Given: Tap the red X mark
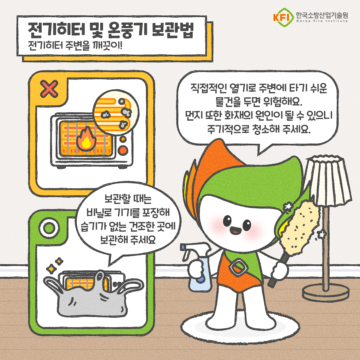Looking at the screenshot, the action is tap(49, 89).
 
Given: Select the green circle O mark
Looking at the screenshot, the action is tap(49, 228).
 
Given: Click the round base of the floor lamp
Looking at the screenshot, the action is tap(326, 292).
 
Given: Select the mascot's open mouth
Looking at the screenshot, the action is tap(235, 230).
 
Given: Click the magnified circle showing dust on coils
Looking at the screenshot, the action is tap(116, 113).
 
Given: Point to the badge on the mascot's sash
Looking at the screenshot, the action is tap(238, 267).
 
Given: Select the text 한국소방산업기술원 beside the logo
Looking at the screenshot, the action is tap(322, 15).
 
